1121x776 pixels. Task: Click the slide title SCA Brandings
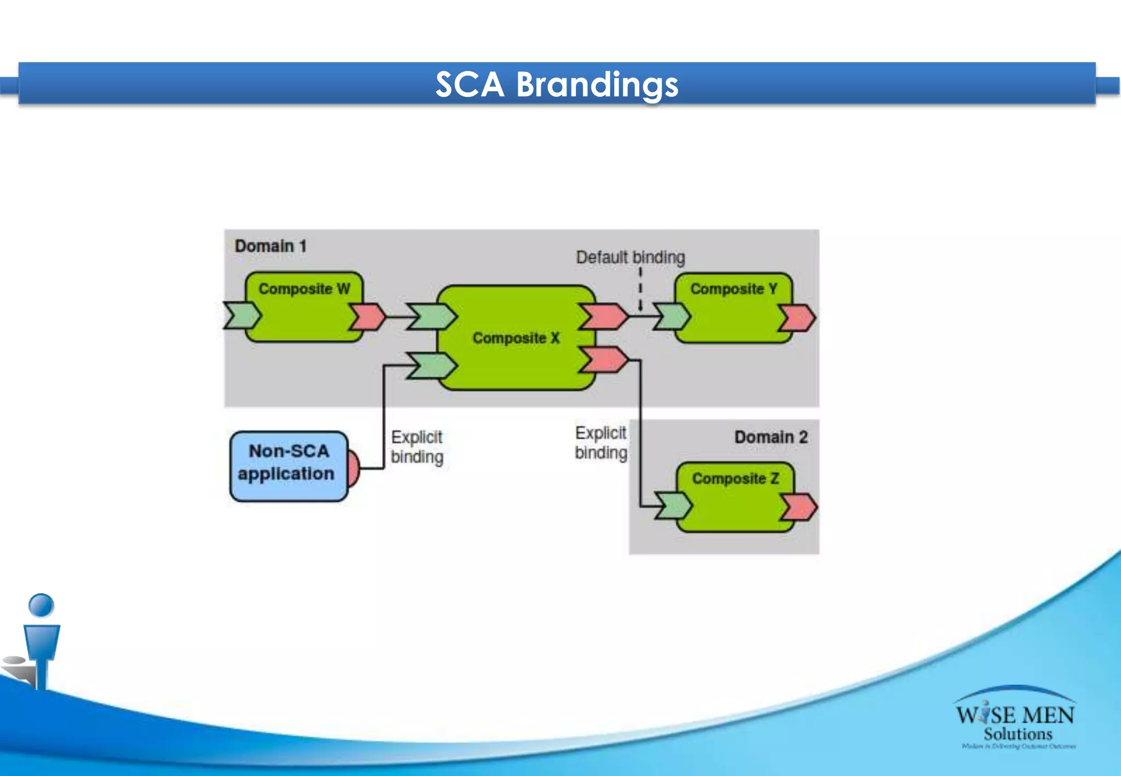click(557, 85)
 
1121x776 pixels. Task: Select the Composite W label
click(304, 288)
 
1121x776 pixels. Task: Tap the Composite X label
click(516, 338)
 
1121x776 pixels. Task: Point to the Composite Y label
click(733, 288)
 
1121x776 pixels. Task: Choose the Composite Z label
click(735, 478)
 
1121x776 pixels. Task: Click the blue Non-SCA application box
click(288, 466)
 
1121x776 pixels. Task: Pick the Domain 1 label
click(270, 246)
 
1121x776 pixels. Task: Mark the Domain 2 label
click(771, 437)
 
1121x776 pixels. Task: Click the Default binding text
click(630, 257)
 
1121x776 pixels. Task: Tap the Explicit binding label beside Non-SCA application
click(417, 447)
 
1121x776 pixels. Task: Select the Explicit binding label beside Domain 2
click(601, 443)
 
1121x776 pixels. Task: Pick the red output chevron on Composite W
click(367, 316)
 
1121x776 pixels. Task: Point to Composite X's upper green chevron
click(432, 316)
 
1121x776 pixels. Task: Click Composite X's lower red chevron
click(603, 360)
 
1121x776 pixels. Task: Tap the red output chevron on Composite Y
click(798, 318)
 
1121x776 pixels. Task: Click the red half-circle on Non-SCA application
click(354, 468)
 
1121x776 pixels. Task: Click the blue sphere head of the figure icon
click(41, 605)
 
